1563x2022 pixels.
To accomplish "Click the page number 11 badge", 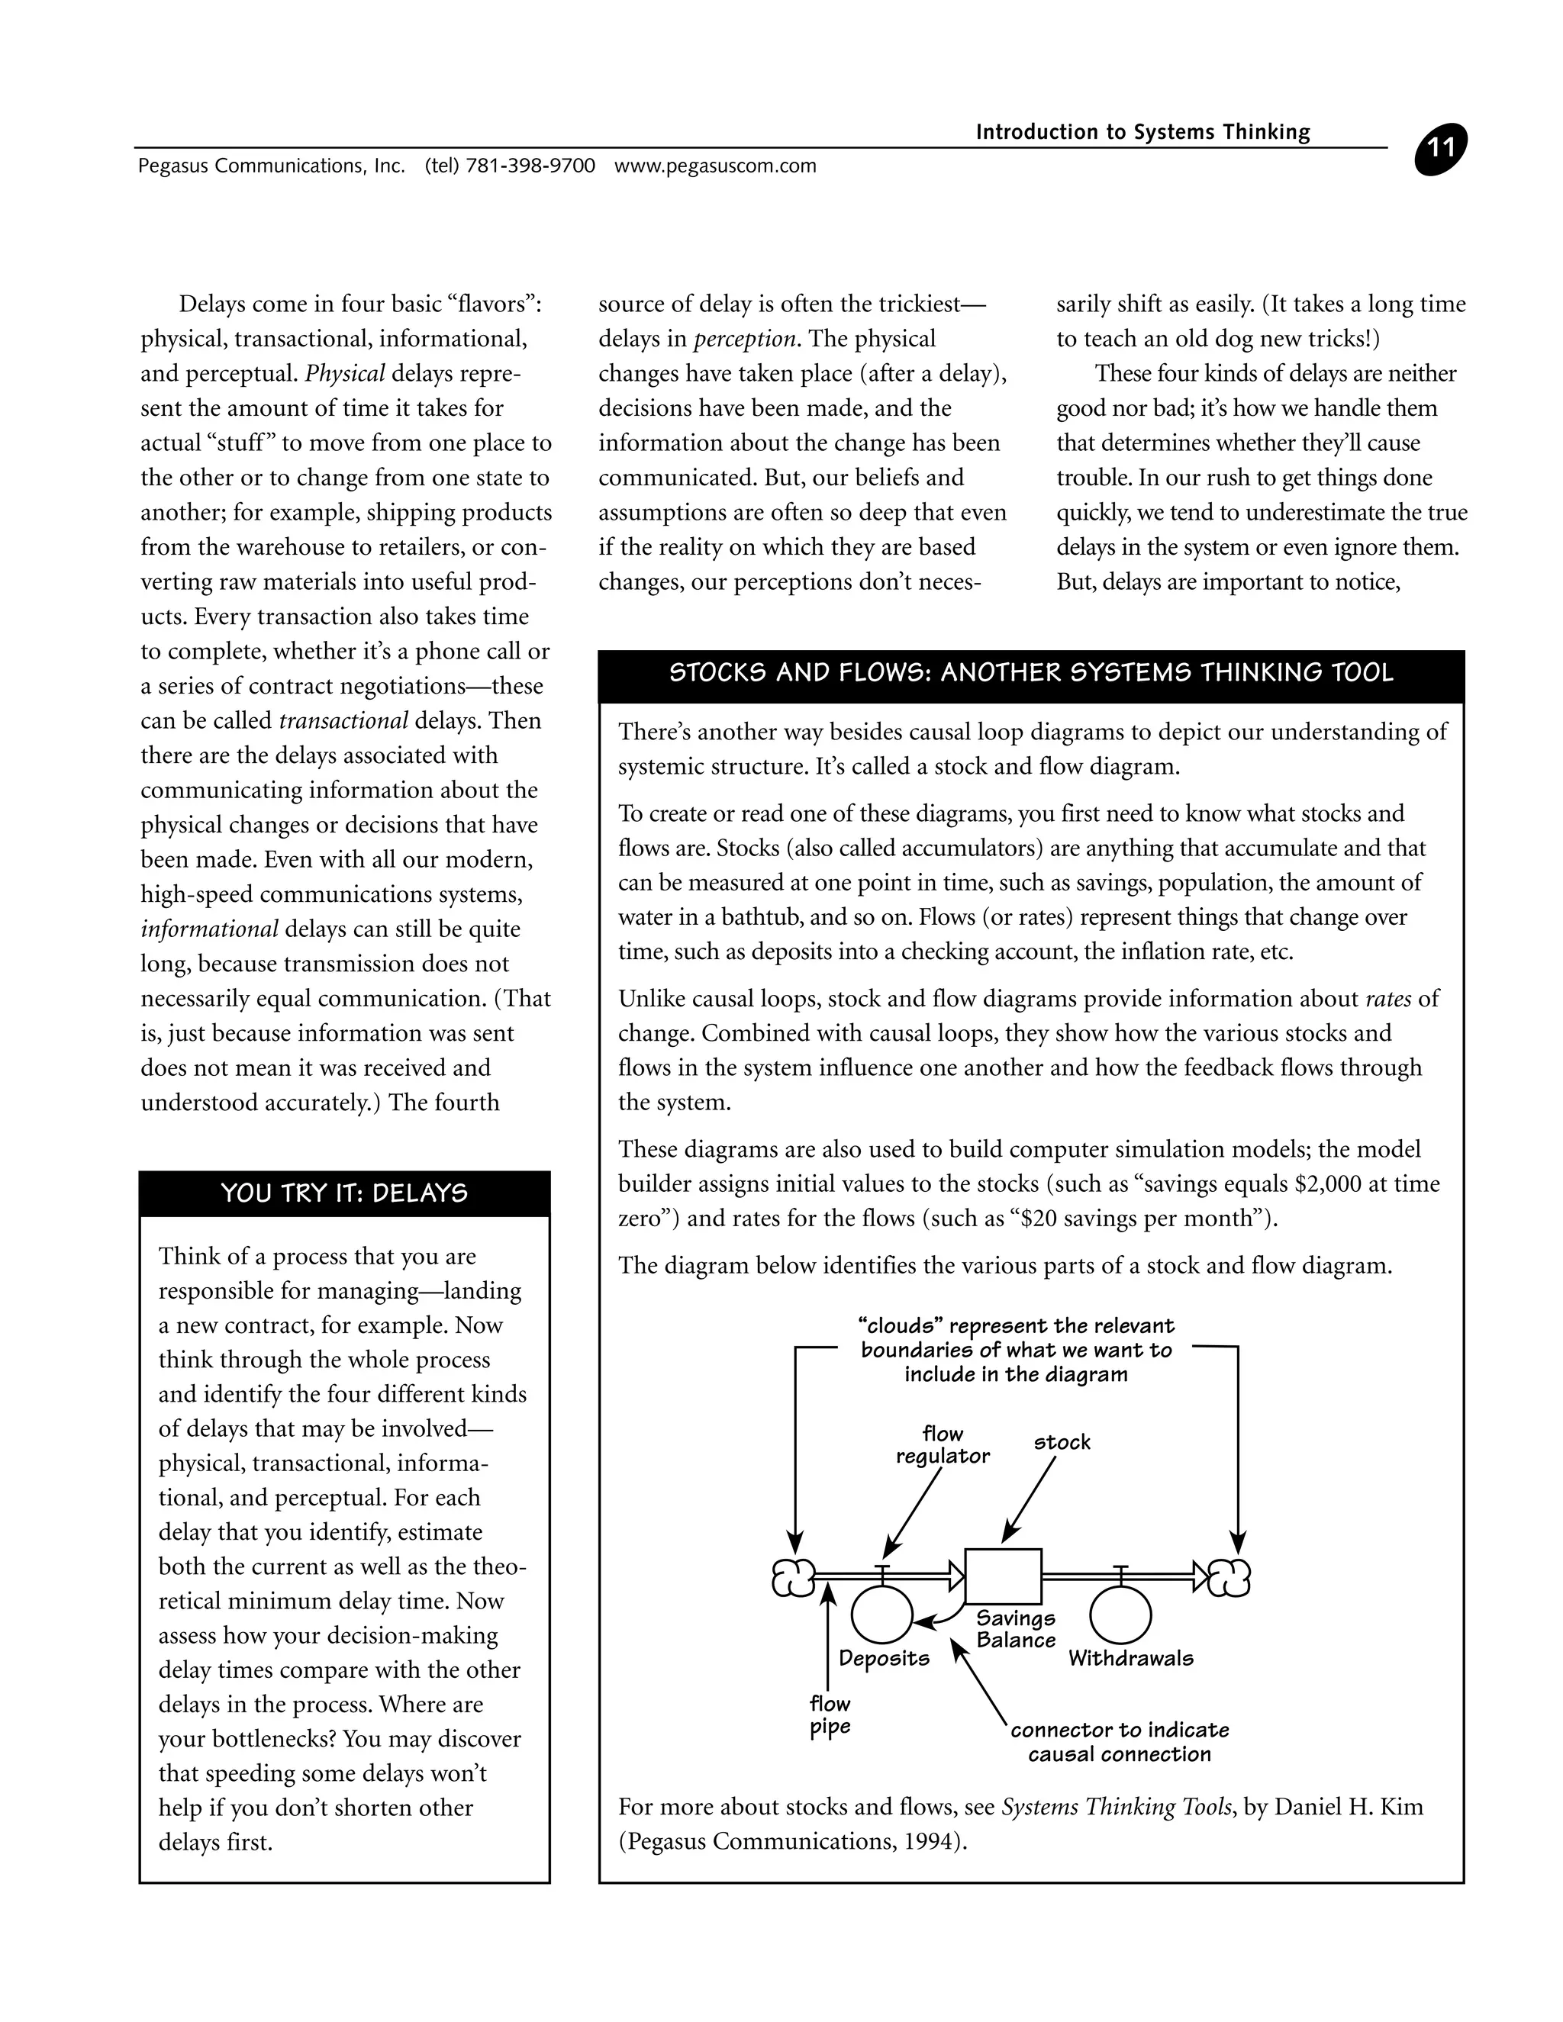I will coord(1441,150).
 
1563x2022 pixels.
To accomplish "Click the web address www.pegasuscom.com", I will coord(715,166).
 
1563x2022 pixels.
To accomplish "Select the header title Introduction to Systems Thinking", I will coord(1142,133).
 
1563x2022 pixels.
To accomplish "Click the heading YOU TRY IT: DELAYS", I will coord(344,1193).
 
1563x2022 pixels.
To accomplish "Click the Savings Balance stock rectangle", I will coord(1003,1576).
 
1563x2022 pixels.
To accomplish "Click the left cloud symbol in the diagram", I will coord(794,1578).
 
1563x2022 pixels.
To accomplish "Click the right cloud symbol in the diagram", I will coord(1232,1578).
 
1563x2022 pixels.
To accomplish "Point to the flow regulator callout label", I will coord(943,1445).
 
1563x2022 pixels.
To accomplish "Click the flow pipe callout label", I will coord(830,1715).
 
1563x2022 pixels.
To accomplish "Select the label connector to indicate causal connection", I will coord(1120,1741).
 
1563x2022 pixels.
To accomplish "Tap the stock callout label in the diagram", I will coord(1062,1442).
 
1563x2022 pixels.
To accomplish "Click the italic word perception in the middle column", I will coord(744,339).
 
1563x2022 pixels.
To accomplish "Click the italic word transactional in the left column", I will coord(343,721).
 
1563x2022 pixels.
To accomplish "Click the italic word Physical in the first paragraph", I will coord(344,374).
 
